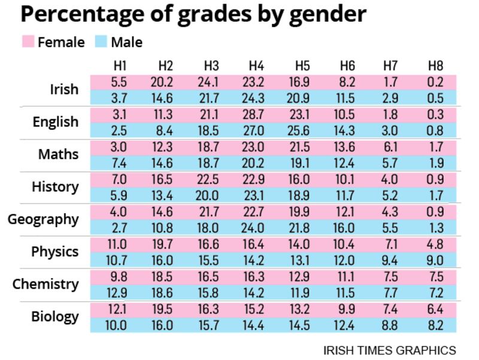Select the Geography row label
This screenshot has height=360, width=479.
(x=43, y=219)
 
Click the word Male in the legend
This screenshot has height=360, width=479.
(x=126, y=42)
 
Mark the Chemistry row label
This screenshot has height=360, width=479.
(x=45, y=283)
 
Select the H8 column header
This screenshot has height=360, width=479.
(x=435, y=65)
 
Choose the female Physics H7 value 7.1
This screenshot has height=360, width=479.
(x=391, y=244)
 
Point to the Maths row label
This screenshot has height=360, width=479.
(x=58, y=154)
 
